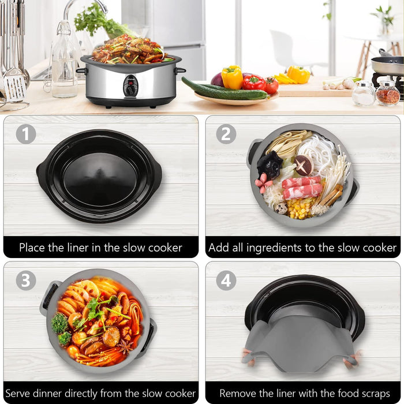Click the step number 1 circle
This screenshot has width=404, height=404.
click(x=25, y=134)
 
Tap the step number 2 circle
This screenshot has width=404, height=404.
click(x=226, y=134)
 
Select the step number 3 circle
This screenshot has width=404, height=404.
click(x=25, y=280)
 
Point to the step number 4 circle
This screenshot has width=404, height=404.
click(x=226, y=280)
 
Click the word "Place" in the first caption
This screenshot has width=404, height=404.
click(x=33, y=248)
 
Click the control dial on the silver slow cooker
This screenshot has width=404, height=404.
click(x=131, y=87)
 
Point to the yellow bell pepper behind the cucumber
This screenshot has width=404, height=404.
click(x=232, y=77)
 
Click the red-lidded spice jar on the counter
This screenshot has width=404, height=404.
click(x=387, y=93)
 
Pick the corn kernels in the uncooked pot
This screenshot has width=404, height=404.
click(x=300, y=208)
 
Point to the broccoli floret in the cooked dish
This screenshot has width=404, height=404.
click(x=59, y=324)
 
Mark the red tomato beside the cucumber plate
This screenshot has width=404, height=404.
click(x=271, y=85)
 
